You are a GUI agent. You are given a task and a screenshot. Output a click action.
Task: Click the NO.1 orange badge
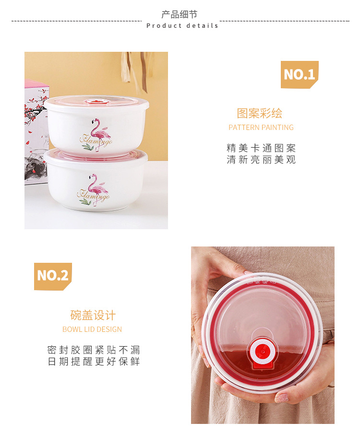coord(300,74)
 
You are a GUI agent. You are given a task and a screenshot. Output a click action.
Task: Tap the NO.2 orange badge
coord(53,276)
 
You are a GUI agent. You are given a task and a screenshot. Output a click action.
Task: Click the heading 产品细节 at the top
coord(180,14)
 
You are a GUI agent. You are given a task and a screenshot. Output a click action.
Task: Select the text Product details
coord(182,26)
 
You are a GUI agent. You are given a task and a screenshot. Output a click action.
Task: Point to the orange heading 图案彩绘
coord(260,114)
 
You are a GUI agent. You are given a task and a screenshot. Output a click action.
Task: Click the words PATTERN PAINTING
coord(261,128)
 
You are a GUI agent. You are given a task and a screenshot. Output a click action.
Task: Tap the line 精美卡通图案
coord(261,148)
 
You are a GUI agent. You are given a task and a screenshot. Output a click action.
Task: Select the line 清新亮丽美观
coord(261,160)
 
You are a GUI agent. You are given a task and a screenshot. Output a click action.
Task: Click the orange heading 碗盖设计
coord(93,316)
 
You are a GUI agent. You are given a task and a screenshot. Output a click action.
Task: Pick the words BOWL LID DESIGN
coord(92,329)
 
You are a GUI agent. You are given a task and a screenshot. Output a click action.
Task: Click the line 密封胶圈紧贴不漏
coord(94,350)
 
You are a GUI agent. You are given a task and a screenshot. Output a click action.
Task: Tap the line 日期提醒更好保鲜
coord(94,362)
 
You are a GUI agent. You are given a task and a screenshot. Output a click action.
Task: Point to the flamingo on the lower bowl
coord(98,187)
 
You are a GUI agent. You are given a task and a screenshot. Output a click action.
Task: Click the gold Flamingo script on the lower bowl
coord(93,196)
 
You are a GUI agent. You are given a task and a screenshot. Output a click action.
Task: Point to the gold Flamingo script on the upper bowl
coord(96,141)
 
